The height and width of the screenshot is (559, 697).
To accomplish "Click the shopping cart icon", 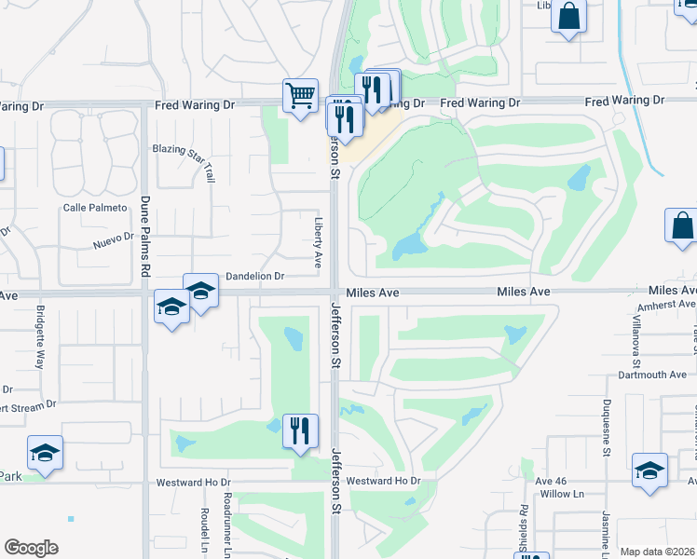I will click(x=300, y=95).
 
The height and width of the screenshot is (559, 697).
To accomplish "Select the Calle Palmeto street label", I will click(x=94, y=208).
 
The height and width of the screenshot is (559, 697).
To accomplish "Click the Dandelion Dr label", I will click(x=254, y=277).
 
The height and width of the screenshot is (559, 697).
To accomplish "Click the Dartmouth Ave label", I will click(x=652, y=375).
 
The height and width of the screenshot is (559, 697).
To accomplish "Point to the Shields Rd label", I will click(x=524, y=529).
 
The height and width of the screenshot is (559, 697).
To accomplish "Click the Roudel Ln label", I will click(x=203, y=529).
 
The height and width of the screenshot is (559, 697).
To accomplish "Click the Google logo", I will click(x=31, y=548).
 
